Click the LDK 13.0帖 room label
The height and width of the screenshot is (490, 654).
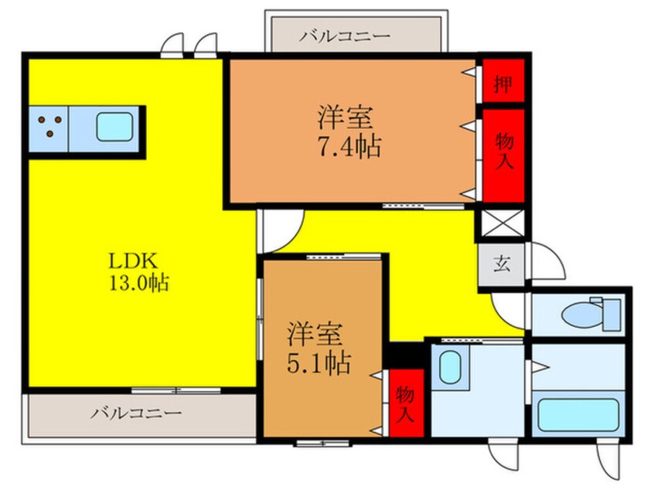140,270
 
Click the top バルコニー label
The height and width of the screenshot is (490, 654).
346,36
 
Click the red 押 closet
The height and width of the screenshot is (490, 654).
503,83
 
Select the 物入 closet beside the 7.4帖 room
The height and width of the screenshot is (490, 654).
504,151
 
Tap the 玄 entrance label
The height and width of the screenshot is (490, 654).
502,265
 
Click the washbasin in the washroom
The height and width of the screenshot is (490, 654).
449,366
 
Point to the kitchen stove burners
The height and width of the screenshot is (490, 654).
49,126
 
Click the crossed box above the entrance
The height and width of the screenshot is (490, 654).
502,224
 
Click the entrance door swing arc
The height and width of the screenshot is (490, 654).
544,262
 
